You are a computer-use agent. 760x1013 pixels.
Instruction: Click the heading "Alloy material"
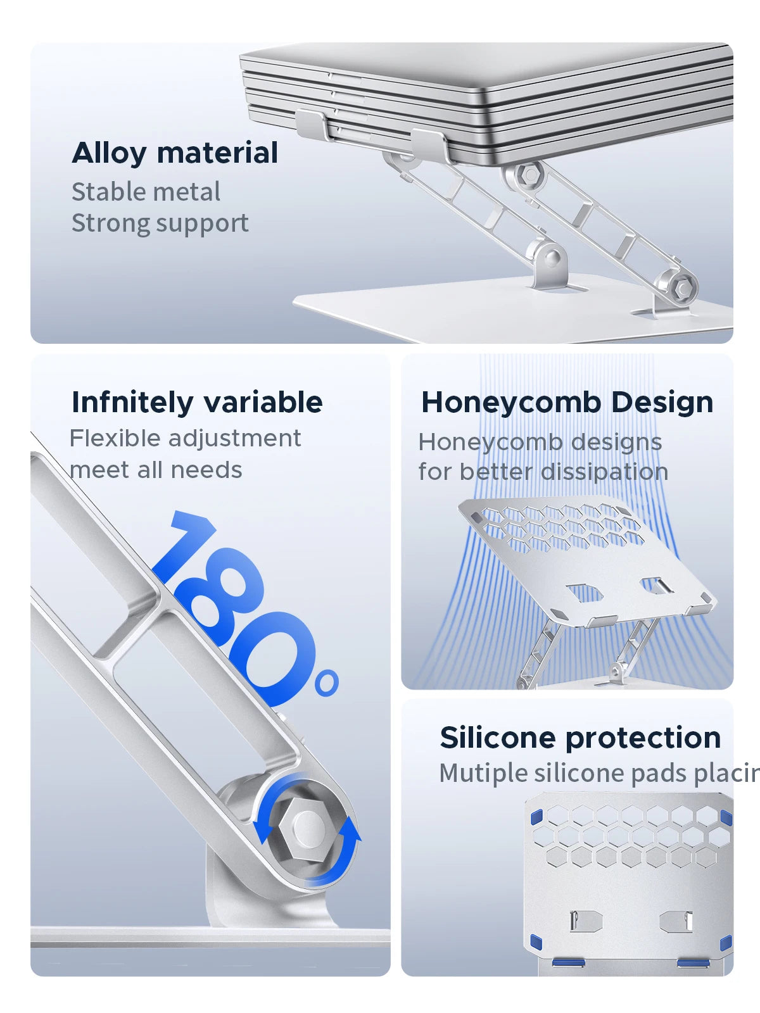(x=175, y=153)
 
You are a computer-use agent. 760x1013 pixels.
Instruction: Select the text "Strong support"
(x=160, y=223)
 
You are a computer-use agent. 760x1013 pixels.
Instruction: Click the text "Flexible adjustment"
(x=185, y=438)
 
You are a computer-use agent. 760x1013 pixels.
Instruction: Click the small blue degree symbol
(x=326, y=684)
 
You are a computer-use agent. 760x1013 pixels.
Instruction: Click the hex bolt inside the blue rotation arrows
(x=307, y=827)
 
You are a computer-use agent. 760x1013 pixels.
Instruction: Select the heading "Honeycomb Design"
(x=567, y=402)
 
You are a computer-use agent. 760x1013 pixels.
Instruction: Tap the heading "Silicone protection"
(x=580, y=738)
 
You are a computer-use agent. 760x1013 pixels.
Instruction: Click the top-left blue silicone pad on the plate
(x=536, y=817)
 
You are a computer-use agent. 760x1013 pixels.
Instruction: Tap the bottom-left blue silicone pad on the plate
(x=536, y=942)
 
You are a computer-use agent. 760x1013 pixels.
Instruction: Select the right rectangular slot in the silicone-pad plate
(x=676, y=921)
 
